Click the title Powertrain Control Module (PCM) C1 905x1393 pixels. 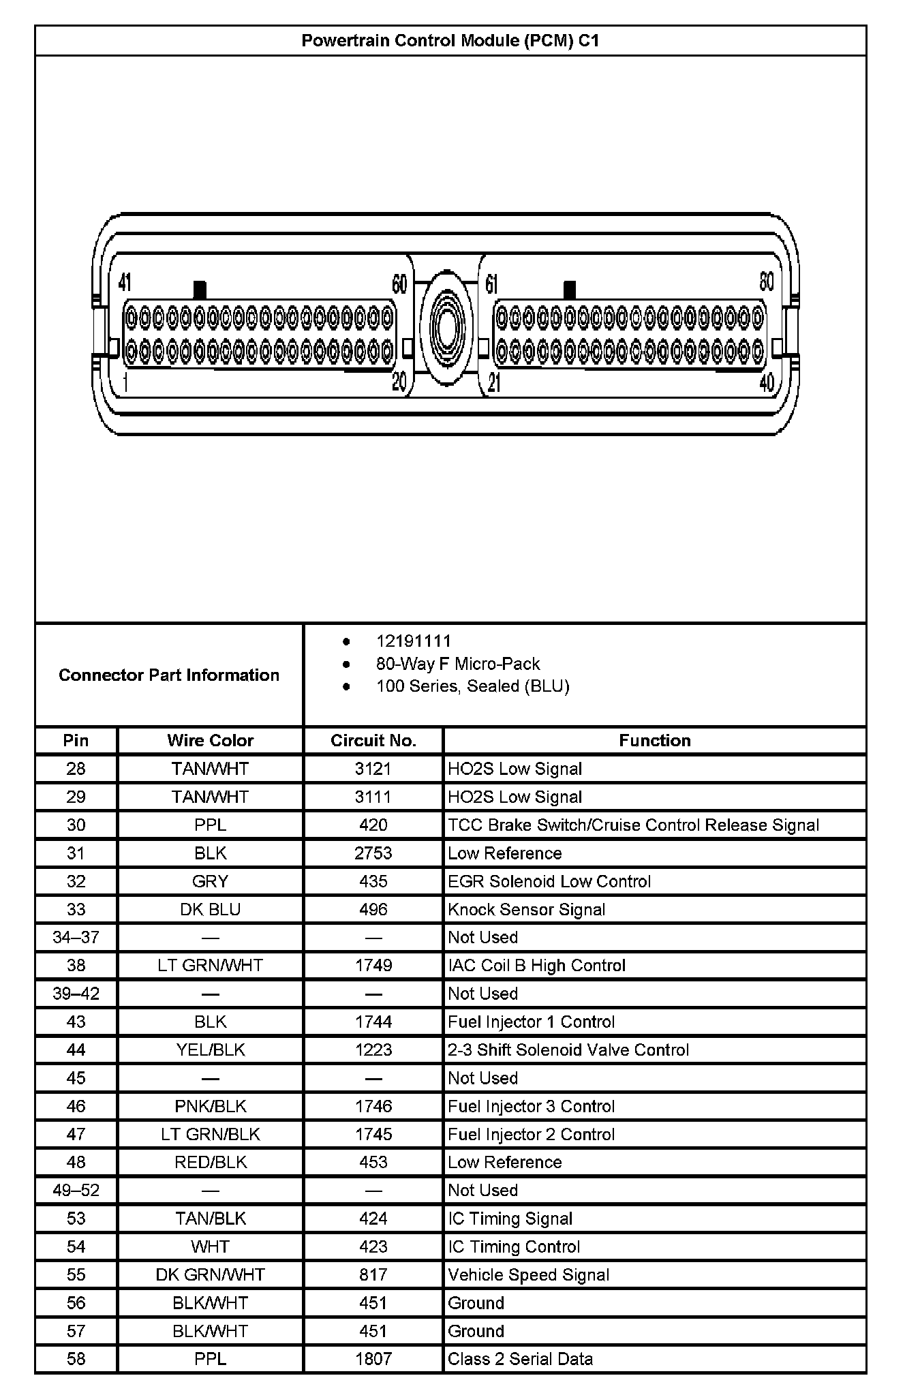(x=450, y=41)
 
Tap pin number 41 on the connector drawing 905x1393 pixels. (x=125, y=282)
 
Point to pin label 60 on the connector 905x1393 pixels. (x=399, y=284)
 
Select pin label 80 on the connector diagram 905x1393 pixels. (x=767, y=282)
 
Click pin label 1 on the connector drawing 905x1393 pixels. (x=126, y=383)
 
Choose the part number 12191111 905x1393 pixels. (x=413, y=641)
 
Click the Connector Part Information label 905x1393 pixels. (x=169, y=675)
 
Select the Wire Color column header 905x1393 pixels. (x=210, y=741)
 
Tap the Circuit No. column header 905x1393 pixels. (x=373, y=741)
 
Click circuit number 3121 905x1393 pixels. (x=373, y=769)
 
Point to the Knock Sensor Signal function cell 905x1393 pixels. (x=526, y=910)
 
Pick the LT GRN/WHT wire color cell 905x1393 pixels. (x=210, y=966)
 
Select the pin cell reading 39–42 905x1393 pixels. (x=76, y=994)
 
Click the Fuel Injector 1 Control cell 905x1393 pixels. (x=531, y=1022)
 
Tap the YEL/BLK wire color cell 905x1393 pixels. (x=210, y=1050)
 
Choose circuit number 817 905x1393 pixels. (x=373, y=1275)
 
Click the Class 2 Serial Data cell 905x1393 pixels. (x=520, y=1359)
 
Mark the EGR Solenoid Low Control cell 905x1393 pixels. (x=549, y=882)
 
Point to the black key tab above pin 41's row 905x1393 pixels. (x=200, y=290)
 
